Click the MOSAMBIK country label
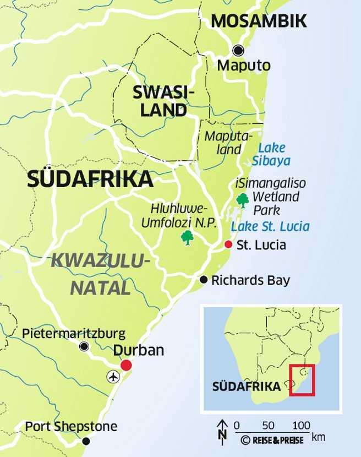pos(259,21)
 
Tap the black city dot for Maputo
pos(238,51)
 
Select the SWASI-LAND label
pos(164,101)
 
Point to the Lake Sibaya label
pos(271,154)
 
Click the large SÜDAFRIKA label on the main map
pos(90,179)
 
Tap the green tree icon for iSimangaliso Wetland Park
pos(242,200)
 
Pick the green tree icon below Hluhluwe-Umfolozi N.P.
pos(188,238)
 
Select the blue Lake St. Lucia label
pos(270,226)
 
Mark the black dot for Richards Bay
pos(204,279)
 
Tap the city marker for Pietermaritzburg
pos(84,346)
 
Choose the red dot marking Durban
pos(127,364)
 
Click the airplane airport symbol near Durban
pos(113,377)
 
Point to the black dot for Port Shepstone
pos(86,441)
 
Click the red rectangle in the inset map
pos(302,379)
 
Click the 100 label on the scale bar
pos(300,425)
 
